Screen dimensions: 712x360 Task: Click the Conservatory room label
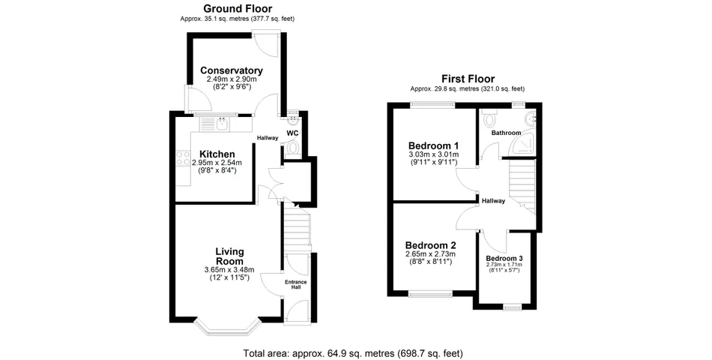click(232, 70)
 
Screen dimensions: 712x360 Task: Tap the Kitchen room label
click(217, 154)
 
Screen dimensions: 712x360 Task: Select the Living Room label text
click(229, 256)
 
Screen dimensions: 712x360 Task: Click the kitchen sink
click(222, 123)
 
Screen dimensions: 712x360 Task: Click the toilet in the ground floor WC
click(292, 148)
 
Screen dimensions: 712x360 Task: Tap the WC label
click(292, 133)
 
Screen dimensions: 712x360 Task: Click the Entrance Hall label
click(295, 284)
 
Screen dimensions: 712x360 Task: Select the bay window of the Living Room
click(227, 325)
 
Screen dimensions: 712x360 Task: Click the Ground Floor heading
click(238, 8)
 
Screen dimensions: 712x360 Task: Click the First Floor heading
click(468, 79)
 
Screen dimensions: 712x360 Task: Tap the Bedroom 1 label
click(433, 146)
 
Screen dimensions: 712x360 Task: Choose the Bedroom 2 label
click(430, 245)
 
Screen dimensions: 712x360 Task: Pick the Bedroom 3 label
click(504, 258)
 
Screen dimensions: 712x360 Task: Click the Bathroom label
click(506, 133)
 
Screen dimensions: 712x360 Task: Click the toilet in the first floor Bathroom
click(489, 119)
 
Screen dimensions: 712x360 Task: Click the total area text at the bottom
click(353, 352)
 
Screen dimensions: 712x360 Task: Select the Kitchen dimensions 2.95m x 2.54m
click(217, 163)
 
